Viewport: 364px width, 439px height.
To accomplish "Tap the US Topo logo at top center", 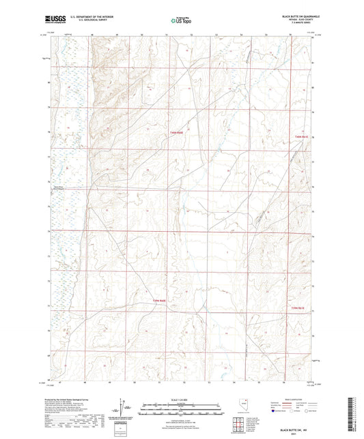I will pyautogui.click(x=180, y=20).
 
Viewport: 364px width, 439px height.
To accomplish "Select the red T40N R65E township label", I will pyautogui.click(x=303, y=137).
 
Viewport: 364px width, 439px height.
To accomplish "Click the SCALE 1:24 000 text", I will pyautogui.click(x=182, y=399).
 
